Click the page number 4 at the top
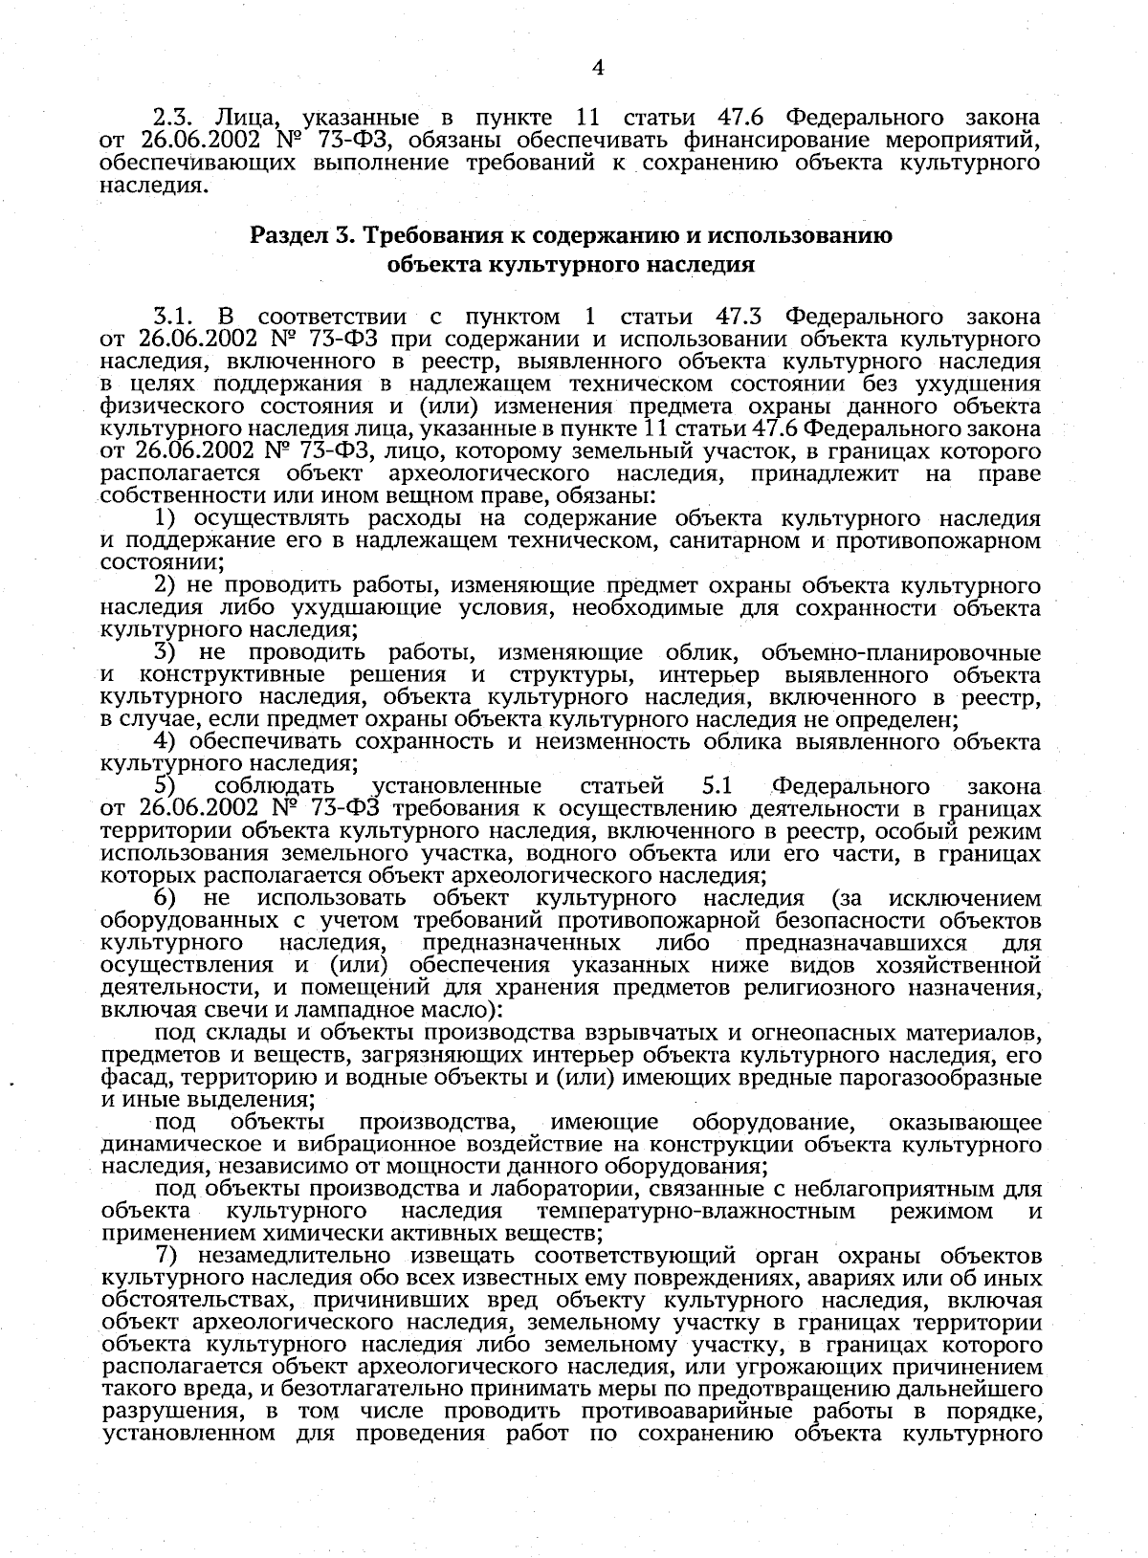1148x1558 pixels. pos(598,67)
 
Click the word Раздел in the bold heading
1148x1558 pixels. pos(283,235)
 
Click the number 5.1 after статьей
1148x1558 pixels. pos(717,786)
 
